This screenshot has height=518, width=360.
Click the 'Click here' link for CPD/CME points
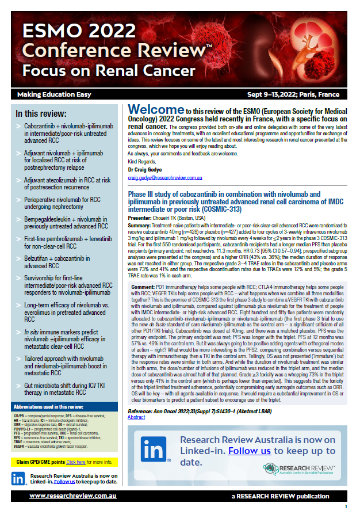pyautogui.click(x=75, y=462)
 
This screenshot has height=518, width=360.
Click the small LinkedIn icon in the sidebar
pyautogui.click(x=19, y=478)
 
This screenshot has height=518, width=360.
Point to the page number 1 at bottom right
pyautogui.click(x=346, y=506)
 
